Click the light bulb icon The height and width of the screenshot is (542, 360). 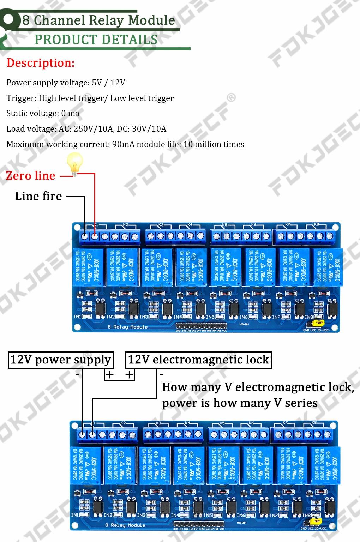coord(75,163)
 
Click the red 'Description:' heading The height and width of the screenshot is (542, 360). coord(41,63)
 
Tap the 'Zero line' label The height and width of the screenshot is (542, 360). coord(31,176)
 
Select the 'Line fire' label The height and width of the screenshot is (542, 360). coord(38,196)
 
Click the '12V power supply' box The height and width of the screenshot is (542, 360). coord(61,360)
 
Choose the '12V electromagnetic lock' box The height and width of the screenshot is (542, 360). coord(198,360)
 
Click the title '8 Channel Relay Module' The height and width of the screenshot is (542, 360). coord(98,20)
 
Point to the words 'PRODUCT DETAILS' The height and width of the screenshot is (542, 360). coord(96,40)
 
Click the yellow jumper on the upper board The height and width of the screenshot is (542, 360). coord(319,323)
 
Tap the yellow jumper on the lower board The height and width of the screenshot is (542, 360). coord(316,521)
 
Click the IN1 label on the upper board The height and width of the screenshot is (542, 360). coord(77,317)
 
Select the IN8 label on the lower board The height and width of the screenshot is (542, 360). coord(306,515)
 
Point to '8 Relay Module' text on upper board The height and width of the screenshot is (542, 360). coord(127,327)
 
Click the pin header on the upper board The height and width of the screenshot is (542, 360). coord(201,326)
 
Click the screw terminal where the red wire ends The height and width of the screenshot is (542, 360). coord(95,236)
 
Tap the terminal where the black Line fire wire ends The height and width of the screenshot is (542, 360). coord(85,236)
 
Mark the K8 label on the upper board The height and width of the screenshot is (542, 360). coord(316,224)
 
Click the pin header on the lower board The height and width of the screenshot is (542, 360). coord(199,524)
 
